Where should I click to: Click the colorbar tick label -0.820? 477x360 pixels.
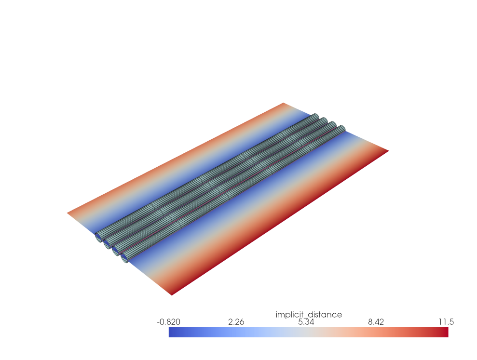tap(169, 322)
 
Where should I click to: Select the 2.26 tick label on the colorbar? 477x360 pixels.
tap(236, 322)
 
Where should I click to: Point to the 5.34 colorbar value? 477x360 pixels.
tap(308, 322)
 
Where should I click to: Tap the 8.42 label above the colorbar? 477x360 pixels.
tap(378, 322)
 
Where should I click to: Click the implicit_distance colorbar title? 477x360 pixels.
tap(309, 315)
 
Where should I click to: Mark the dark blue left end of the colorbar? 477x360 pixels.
tap(172, 332)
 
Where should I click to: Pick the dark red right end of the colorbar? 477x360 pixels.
tap(445, 332)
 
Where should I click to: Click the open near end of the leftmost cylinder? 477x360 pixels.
tap(98, 236)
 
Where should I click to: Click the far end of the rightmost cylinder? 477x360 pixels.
tap(341, 130)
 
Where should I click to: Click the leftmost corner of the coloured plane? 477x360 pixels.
tap(68, 213)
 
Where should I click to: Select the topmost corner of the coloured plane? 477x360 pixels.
tap(284, 103)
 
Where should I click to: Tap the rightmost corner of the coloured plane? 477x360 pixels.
tap(388, 151)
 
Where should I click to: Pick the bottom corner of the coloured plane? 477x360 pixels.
tap(172, 294)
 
